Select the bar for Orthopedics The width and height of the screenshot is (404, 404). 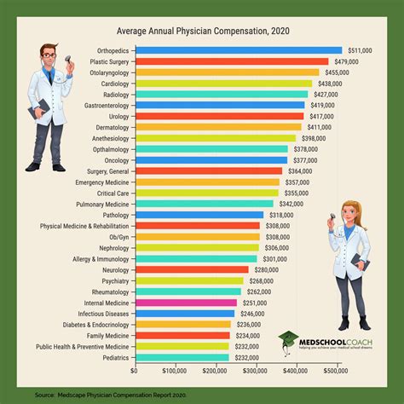239,50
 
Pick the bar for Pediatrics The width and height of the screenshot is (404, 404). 166,358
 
